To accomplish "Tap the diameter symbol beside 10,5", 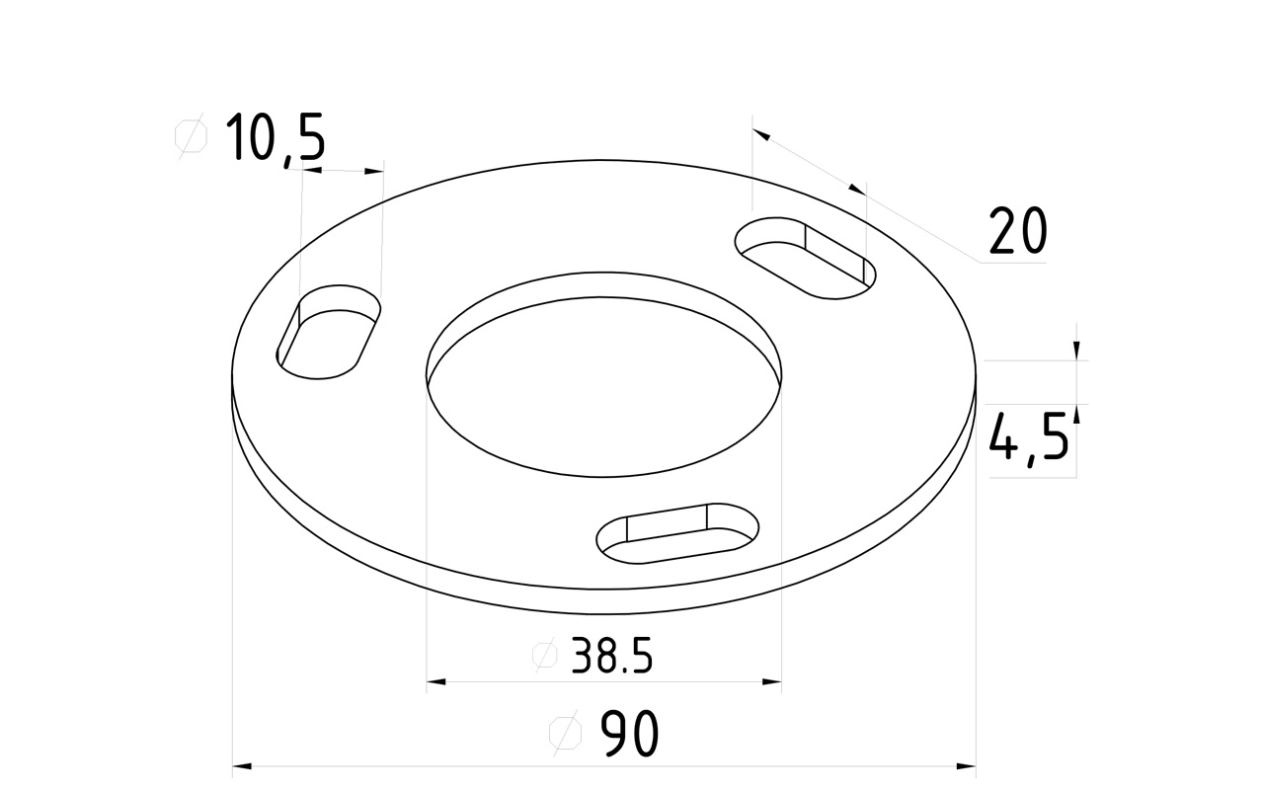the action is [191, 136].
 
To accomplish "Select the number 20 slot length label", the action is [1017, 230].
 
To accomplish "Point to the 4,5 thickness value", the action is [1029, 436].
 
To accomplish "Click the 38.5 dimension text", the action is [611, 656].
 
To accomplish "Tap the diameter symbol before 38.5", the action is [544, 655].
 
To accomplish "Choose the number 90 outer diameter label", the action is [629, 733].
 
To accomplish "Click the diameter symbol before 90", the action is [565, 733].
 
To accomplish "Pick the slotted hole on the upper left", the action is [329, 332].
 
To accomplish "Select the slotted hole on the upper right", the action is [805, 258].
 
